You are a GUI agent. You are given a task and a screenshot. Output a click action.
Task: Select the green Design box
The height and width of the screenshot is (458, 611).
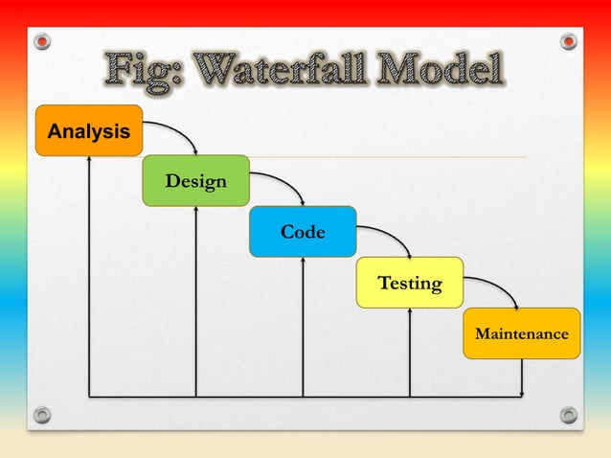(195, 180)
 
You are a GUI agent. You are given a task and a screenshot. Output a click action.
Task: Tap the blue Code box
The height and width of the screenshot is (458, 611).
(302, 232)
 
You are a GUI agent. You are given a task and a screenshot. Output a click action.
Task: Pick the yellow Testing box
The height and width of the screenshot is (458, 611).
(409, 283)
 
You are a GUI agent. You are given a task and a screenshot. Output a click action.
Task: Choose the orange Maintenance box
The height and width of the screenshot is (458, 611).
(521, 333)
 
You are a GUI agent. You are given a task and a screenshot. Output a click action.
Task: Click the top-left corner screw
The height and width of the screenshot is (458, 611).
(41, 41)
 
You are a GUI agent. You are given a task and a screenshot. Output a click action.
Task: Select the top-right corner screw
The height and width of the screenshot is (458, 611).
(569, 41)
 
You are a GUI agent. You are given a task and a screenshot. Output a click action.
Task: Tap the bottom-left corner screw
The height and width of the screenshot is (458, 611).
(41, 415)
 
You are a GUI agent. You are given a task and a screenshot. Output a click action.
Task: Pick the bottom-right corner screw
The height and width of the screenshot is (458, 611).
(569, 415)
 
